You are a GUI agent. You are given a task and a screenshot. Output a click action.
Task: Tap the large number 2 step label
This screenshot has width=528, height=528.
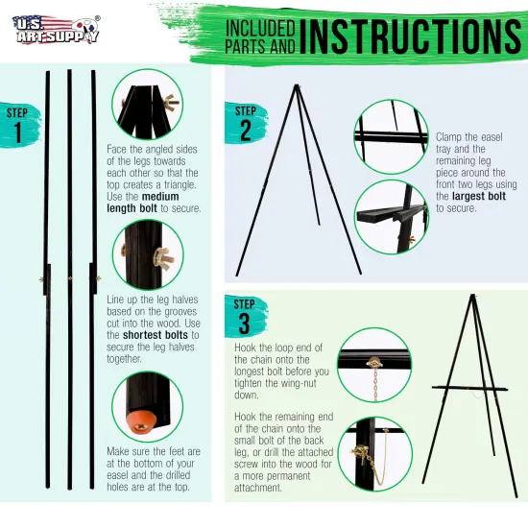246,128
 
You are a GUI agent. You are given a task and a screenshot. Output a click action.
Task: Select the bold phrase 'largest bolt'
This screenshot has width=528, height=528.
470,196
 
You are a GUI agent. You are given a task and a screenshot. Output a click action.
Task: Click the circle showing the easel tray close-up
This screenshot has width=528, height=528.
391,216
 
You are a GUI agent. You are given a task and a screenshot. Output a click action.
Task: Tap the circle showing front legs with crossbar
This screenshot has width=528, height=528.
391,132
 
